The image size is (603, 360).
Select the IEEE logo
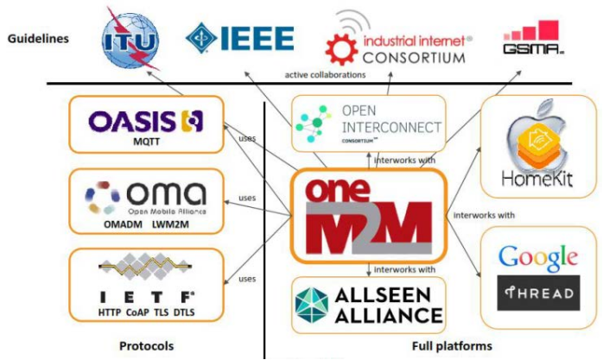pyautogui.click(x=239, y=37)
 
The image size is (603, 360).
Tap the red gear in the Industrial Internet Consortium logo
pyautogui.click(x=336, y=42)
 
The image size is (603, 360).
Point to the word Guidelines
pyautogui.click(x=39, y=38)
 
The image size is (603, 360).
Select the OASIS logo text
pyautogui.click(x=133, y=121)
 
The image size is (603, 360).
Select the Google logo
pyautogui.click(x=537, y=256)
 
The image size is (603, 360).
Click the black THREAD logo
pyautogui.click(x=536, y=293)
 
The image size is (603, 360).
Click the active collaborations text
pyautogui.click(x=325, y=75)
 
